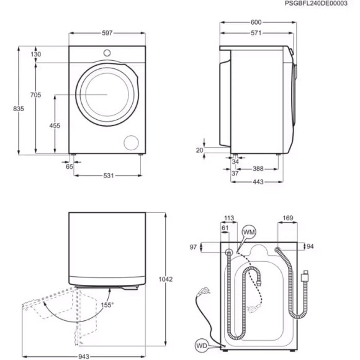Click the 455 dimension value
(55, 125)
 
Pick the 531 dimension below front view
(109, 176)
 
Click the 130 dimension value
(35, 55)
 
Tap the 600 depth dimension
(256, 22)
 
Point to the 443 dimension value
(258, 181)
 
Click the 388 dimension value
(260, 168)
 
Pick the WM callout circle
(248, 232)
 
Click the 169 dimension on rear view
(287, 218)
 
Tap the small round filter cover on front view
(131, 142)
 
